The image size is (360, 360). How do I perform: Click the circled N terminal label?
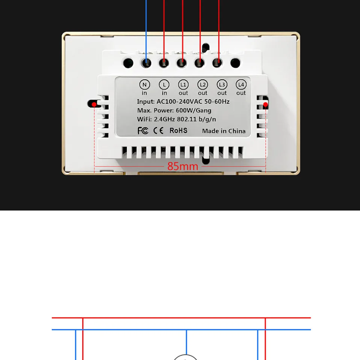coord(144,85)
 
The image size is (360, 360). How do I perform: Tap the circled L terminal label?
coord(164,85)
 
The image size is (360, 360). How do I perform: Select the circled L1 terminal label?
coord(183,85)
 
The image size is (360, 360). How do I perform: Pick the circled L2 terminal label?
coord(203,85)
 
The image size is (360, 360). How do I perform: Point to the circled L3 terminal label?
coord(222,85)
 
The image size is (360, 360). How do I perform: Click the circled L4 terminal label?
coord(241,85)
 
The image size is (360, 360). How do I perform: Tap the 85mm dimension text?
coord(183,166)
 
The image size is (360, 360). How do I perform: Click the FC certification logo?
coord(143,130)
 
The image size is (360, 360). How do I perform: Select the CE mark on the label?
coord(158,130)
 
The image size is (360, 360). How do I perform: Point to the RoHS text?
coord(178,130)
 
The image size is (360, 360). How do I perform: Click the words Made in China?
coord(224,131)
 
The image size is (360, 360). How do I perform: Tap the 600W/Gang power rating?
coord(194,110)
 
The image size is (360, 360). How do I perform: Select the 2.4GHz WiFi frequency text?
coord(165,119)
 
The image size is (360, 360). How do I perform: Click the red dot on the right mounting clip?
coord(265,104)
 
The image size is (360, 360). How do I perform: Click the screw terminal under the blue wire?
coord(146,63)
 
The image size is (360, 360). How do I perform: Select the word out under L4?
coord(241,93)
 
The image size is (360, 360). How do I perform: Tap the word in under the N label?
coord(144,93)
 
